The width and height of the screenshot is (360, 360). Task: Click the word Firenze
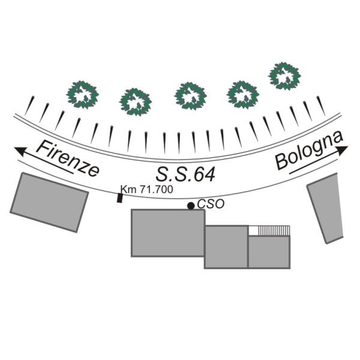coord(68,158)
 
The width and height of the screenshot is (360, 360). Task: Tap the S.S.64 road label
coord(185,174)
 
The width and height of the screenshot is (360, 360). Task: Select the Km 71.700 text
coord(147,190)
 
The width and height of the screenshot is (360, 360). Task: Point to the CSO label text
coord(211,204)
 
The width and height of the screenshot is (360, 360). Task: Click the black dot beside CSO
coord(191,206)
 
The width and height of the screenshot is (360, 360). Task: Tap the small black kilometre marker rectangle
coord(119,198)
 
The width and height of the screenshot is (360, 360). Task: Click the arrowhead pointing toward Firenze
coord(20,151)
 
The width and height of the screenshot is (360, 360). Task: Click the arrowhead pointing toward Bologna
coord(343,151)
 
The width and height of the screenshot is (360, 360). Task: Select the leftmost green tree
coord(82,95)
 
